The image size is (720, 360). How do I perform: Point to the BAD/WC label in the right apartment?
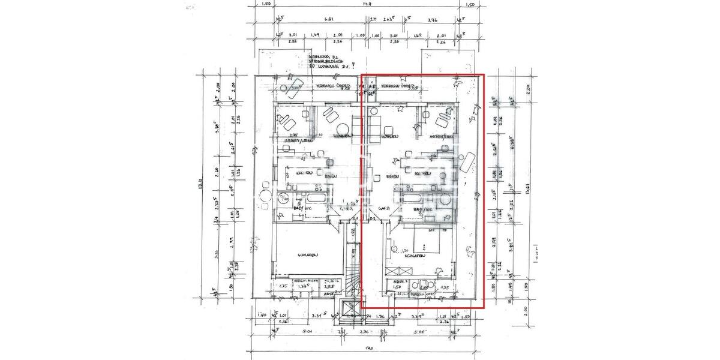click(x=424, y=208)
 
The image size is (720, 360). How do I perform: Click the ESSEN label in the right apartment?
click(x=392, y=177)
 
